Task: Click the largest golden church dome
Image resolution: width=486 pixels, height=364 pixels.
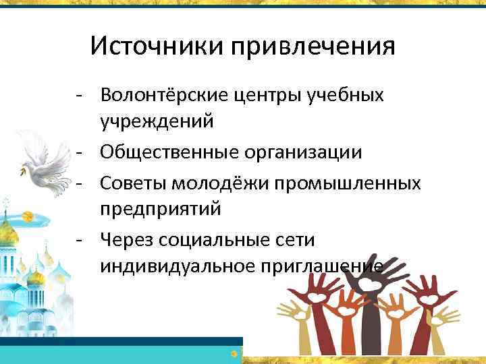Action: (8, 233)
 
